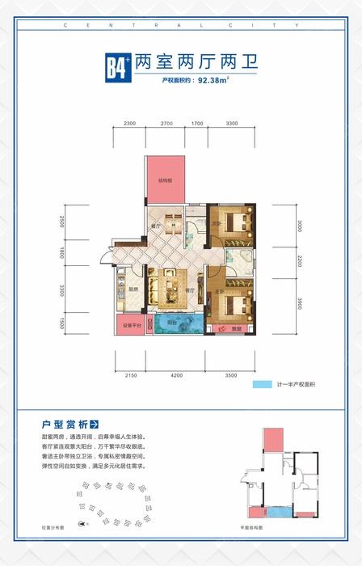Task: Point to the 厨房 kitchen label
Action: click(x=132, y=289)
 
